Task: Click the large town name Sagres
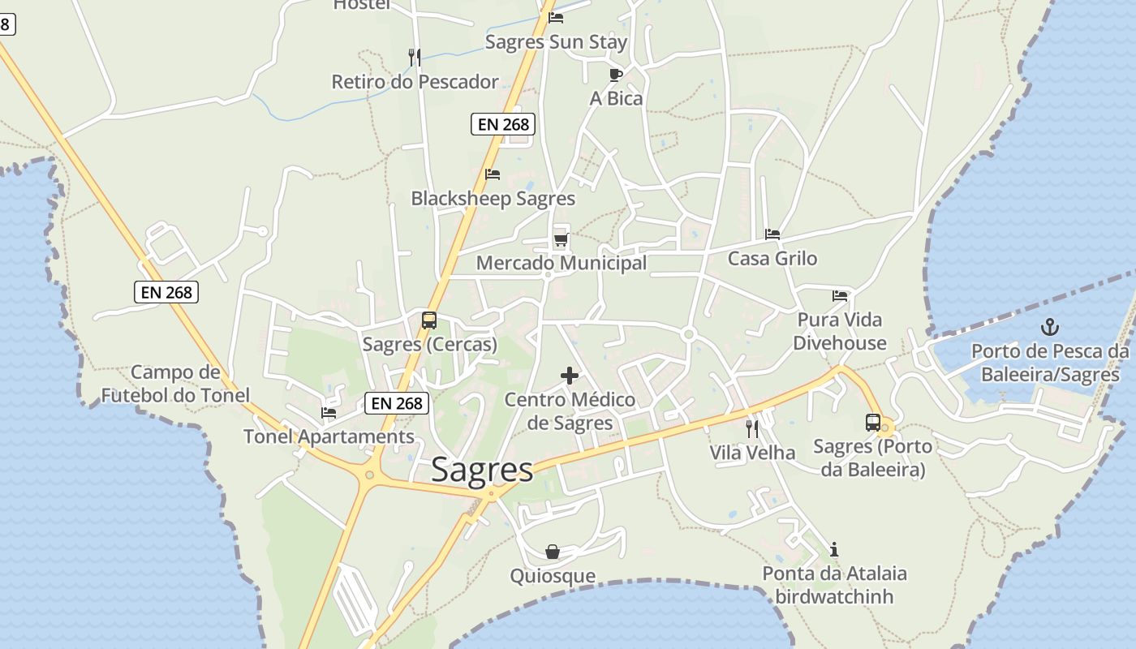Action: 482,470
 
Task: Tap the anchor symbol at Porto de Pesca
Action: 1050,327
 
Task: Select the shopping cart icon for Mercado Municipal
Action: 561,239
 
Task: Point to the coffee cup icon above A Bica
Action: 616,75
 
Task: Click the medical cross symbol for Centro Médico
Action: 570,376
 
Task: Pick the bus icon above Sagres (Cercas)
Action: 429,320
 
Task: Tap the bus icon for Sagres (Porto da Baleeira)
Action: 873,422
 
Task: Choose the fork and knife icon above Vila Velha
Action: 752,428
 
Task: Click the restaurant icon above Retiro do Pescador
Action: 415,57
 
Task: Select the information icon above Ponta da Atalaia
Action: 834,549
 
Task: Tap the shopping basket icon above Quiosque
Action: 553,552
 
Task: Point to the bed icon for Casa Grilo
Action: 772,234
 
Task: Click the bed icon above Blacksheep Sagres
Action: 493,174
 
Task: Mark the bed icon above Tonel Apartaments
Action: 329,412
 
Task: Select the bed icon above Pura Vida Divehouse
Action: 840,295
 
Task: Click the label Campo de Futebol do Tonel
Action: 175,384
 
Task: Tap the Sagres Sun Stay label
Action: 556,41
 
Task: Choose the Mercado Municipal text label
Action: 562,263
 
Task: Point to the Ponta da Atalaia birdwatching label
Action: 834,585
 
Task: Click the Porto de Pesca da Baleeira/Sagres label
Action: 1050,363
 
